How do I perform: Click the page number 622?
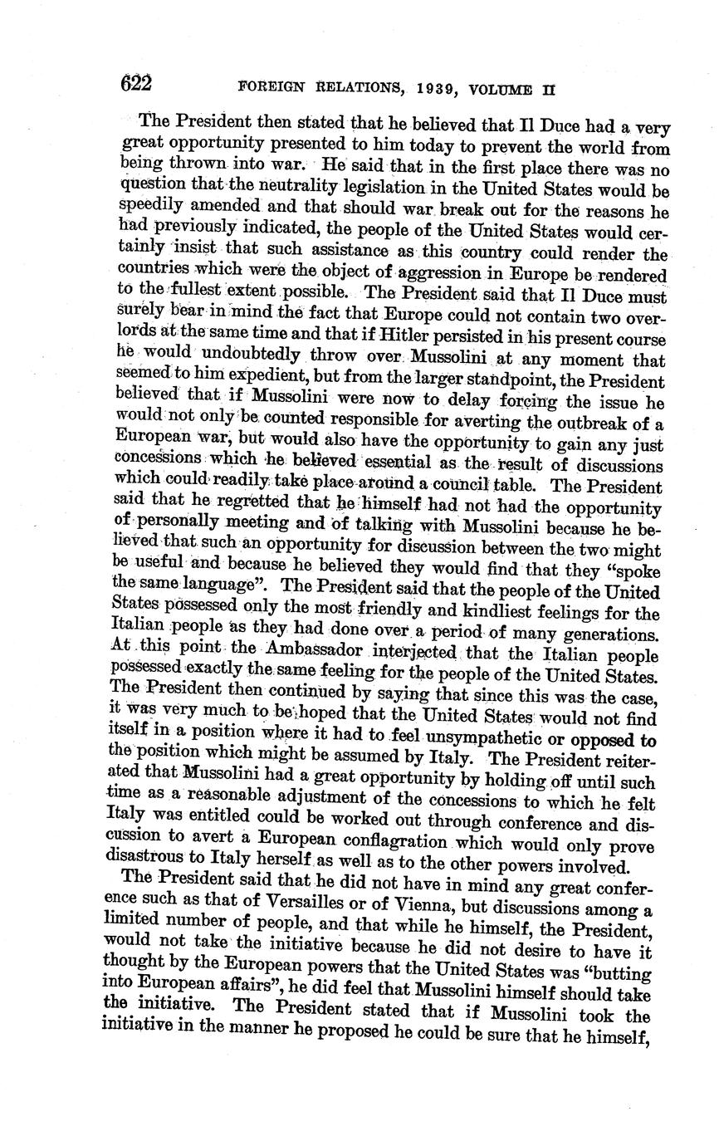[137, 83]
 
